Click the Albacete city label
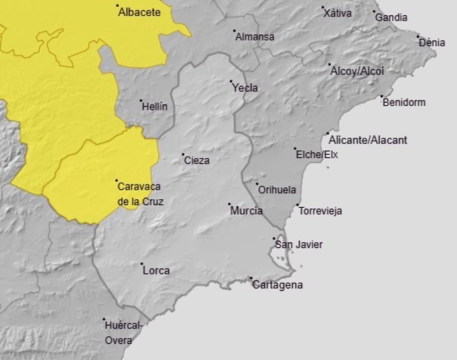point(140,13)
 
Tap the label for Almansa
point(255,37)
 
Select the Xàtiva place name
point(338,13)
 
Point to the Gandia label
point(391,18)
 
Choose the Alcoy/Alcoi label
point(357,71)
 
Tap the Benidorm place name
point(404,103)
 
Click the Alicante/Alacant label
point(368,140)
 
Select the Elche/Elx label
point(317,155)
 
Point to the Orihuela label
point(277,190)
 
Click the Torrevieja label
point(321,212)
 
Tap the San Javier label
point(299,245)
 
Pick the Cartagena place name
point(278,285)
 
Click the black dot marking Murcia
point(229,204)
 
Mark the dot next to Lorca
point(142,264)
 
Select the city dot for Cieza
point(183,155)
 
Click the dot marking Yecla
point(230,82)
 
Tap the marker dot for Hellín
point(141,101)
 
